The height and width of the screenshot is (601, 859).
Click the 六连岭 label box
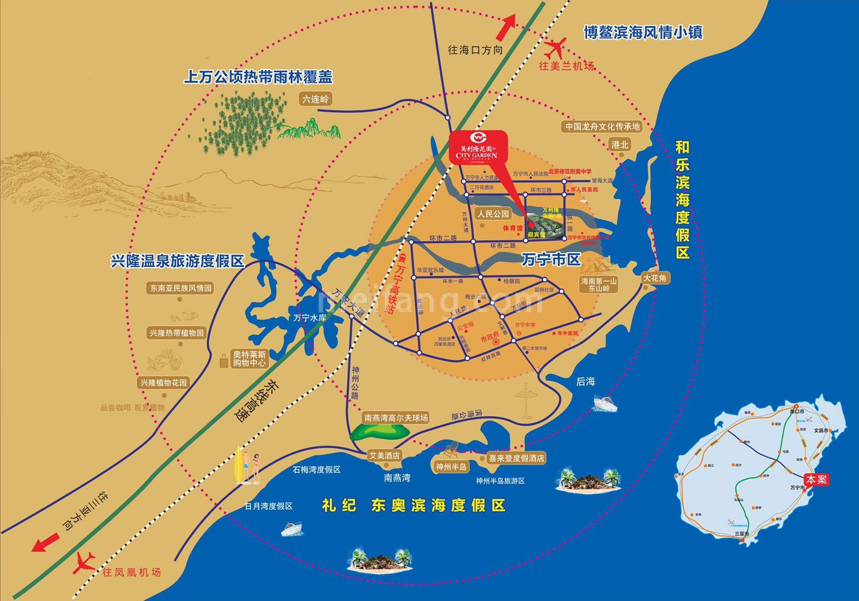point(316,100)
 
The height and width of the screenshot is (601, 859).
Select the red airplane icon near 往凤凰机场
point(85,563)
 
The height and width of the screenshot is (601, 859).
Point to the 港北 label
point(619,145)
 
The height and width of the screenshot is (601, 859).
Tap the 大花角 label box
point(655,278)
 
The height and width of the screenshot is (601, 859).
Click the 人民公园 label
point(493,214)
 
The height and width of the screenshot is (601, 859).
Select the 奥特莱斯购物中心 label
point(250,359)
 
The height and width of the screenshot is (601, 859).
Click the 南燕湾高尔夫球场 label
point(396,417)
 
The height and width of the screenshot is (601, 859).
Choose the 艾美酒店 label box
point(384,455)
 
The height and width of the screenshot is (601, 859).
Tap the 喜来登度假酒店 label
point(516,459)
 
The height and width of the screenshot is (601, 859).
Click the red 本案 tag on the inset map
point(818,479)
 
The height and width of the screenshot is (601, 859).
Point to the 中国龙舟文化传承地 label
point(602,127)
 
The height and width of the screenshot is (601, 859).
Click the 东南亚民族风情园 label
point(181,288)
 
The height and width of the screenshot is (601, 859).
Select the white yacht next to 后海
point(604,403)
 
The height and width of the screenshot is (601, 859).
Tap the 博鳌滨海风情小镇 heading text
point(643,32)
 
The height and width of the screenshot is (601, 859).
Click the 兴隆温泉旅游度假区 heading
point(178,260)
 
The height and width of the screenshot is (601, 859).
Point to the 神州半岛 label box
point(452,466)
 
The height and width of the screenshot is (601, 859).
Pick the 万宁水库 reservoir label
point(309,319)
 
